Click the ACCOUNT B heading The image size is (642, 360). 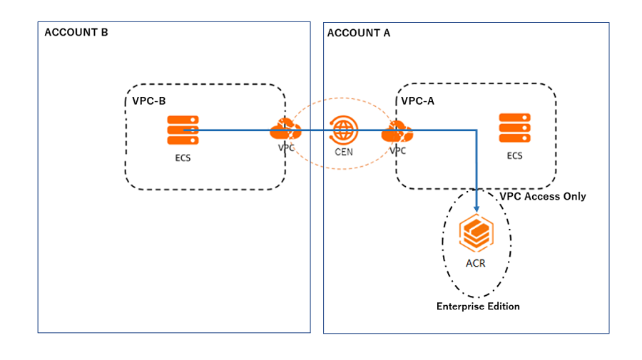point(76,33)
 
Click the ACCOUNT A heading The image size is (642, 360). point(358,33)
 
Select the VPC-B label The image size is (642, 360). point(149,101)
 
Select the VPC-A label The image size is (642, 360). point(417,101)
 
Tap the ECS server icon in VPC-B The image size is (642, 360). point(183,130)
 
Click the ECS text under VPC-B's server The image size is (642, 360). point(183,158)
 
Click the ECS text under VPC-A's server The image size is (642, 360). point(514,155)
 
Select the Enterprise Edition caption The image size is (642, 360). point(478,307)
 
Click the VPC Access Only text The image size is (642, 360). point(543,196)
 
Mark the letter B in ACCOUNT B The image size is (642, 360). point(104,33)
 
